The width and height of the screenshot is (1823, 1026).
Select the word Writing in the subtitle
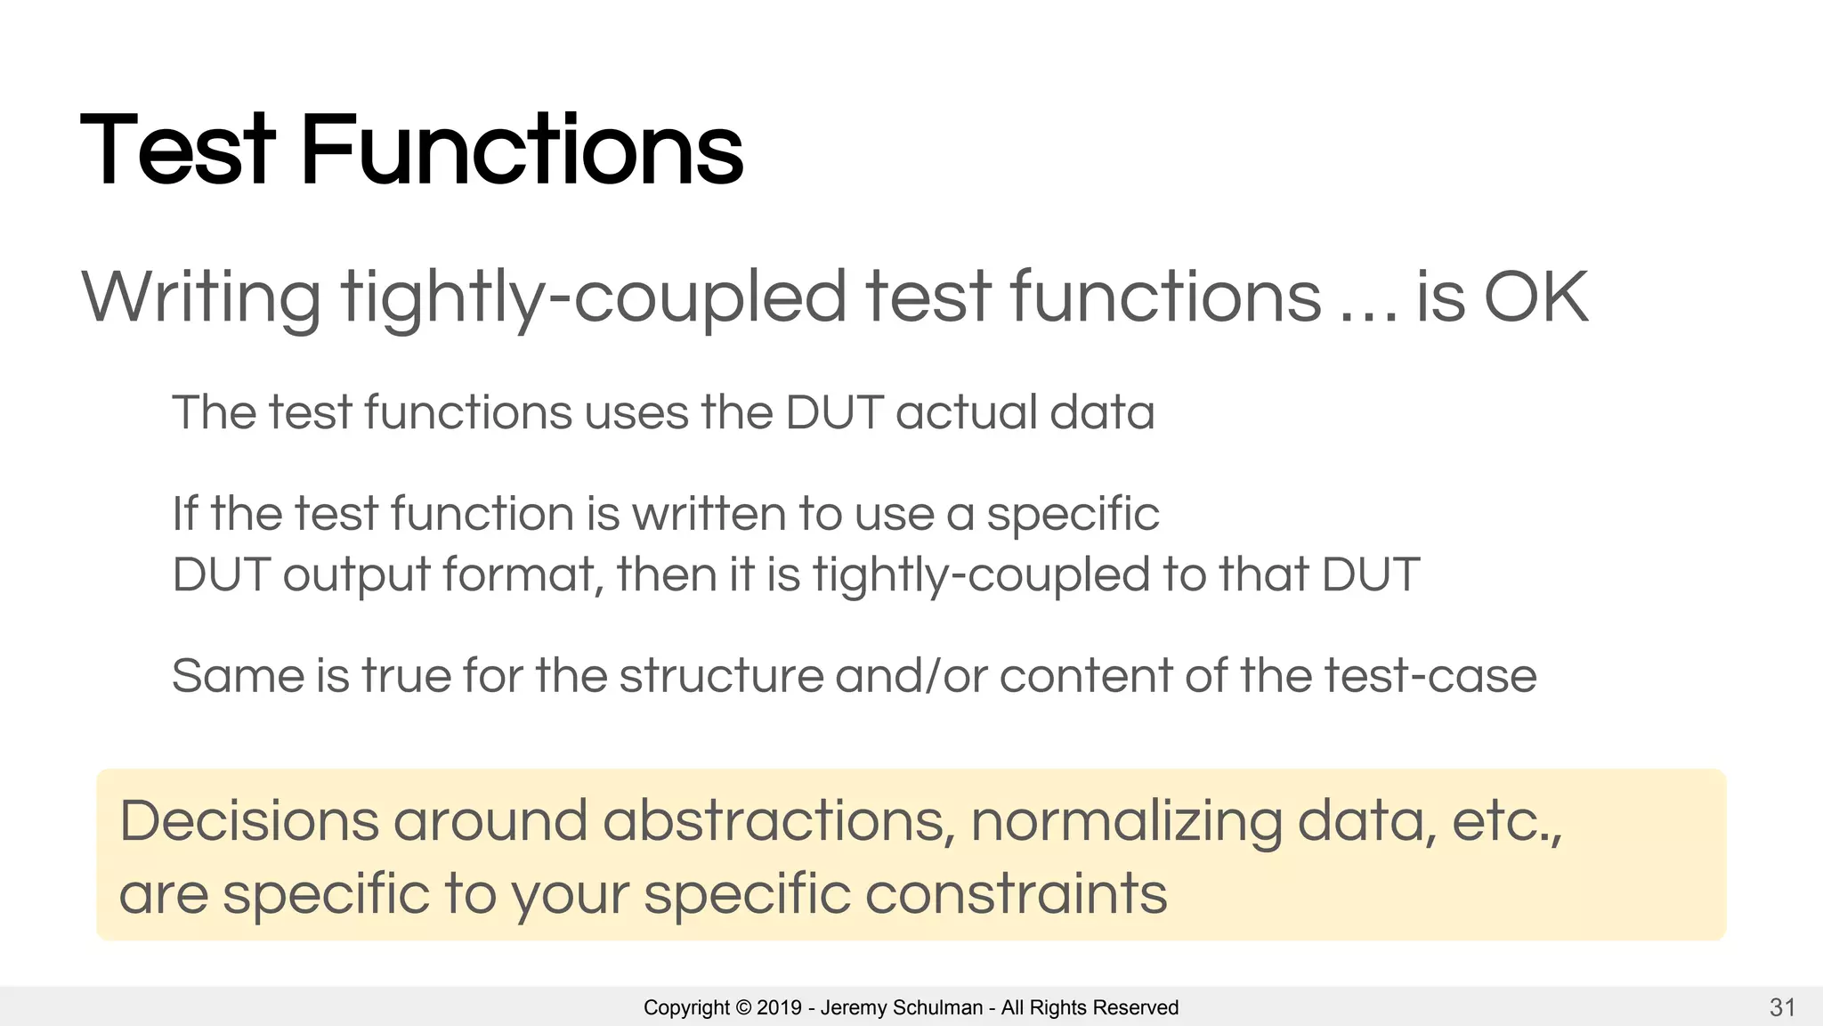(201, 297)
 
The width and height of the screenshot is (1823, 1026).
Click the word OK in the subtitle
(1535, 297)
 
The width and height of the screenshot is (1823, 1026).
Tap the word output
(357, 574)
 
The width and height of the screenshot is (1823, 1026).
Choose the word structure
(721, 676)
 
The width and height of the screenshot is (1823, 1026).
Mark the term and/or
(911, 676)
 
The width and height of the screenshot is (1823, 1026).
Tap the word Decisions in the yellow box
(249, 820)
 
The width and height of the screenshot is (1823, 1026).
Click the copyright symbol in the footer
(743, 1007)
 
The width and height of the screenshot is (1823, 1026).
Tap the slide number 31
(1782, 1007)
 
